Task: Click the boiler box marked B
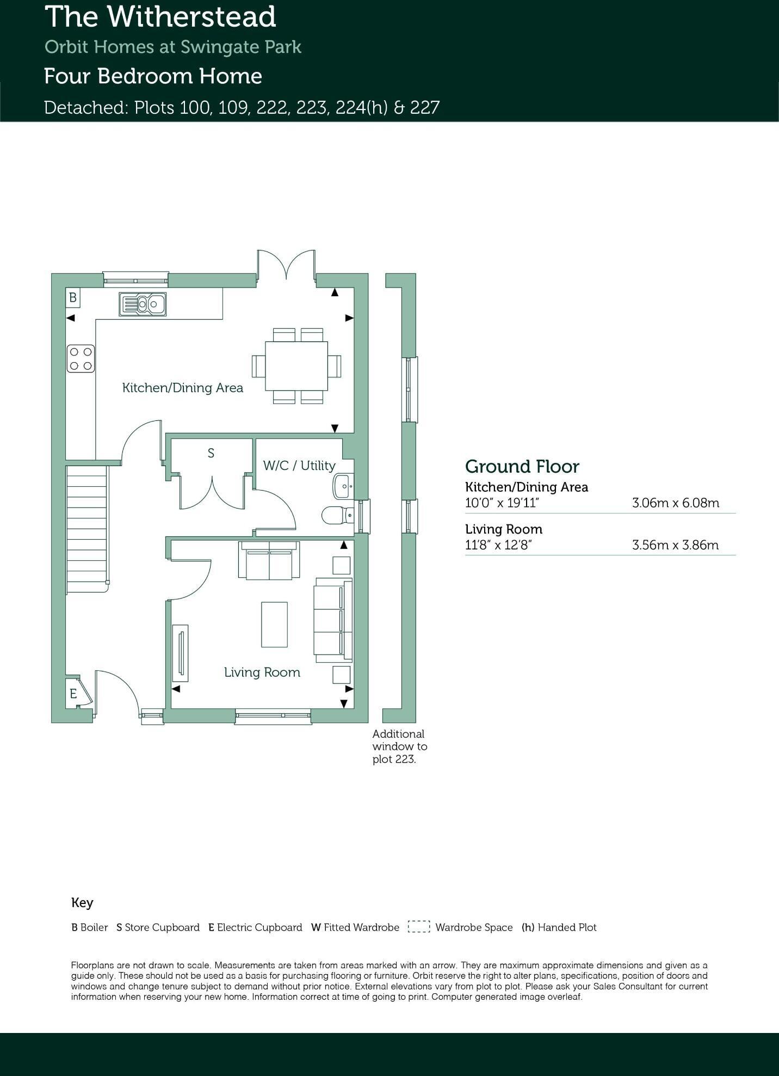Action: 73,298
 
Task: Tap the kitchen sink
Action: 143,304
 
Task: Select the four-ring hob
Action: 81,359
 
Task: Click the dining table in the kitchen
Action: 296,365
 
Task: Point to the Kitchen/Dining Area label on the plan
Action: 182,388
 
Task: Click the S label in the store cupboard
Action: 211,453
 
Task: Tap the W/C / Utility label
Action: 299,466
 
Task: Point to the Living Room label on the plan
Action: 262,672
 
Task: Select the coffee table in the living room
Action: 274,624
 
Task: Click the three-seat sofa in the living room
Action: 332,621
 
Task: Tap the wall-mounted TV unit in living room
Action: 180,653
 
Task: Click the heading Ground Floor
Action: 522,467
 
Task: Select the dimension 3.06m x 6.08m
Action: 675,503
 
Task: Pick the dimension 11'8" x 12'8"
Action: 498,545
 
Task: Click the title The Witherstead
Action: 160,17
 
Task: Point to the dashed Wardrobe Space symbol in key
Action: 418,927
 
